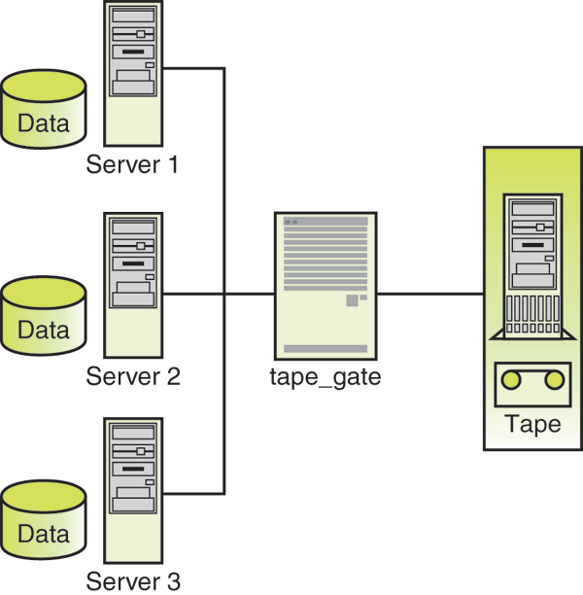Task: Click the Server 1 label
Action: pos(132,163)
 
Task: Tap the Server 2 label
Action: pos(132,375)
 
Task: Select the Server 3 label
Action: pos(132,581)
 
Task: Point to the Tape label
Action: pos(532,425)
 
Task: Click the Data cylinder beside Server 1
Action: pos(44,109)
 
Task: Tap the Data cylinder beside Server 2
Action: pos(44,317)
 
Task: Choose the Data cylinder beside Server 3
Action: pos(44,522)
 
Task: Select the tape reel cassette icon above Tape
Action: pos(532,382)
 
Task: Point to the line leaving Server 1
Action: pos(194,68)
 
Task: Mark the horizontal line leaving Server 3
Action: pos(194,490)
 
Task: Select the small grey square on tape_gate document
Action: pos(352,301)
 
